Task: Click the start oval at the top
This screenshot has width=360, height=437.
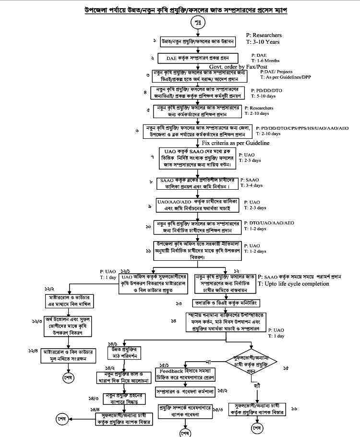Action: click(198, 22)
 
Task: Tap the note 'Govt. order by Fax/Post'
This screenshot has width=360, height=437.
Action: click(238, 66)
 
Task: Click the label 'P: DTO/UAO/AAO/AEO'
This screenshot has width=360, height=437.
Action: click(269, 223)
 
